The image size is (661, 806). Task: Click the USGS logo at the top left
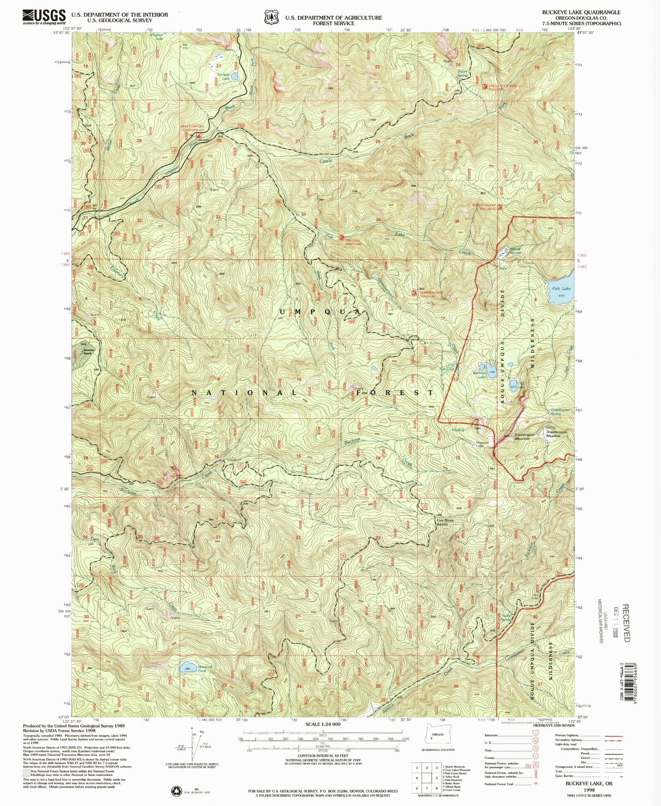(x=44, y=17)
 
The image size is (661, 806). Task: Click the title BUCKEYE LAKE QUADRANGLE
(x=581, y=12)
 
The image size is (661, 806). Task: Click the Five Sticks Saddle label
(x=445, y=522)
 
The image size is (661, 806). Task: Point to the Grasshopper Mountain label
(x=525, y=437)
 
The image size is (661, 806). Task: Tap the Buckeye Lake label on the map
(x=479, y=374)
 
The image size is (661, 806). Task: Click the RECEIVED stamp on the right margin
(x=625, y=623)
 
